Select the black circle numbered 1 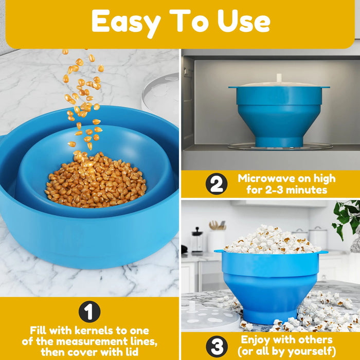(x=89, y=312)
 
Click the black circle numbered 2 (x=217, y=184)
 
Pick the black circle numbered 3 (x=217, y=347)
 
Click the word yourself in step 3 (x=310, y=351)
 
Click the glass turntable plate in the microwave (x=280, y=146)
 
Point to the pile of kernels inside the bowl (x=95, y=180)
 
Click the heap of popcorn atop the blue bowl (x=272, y=240)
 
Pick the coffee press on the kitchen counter (x=197, y=240)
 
